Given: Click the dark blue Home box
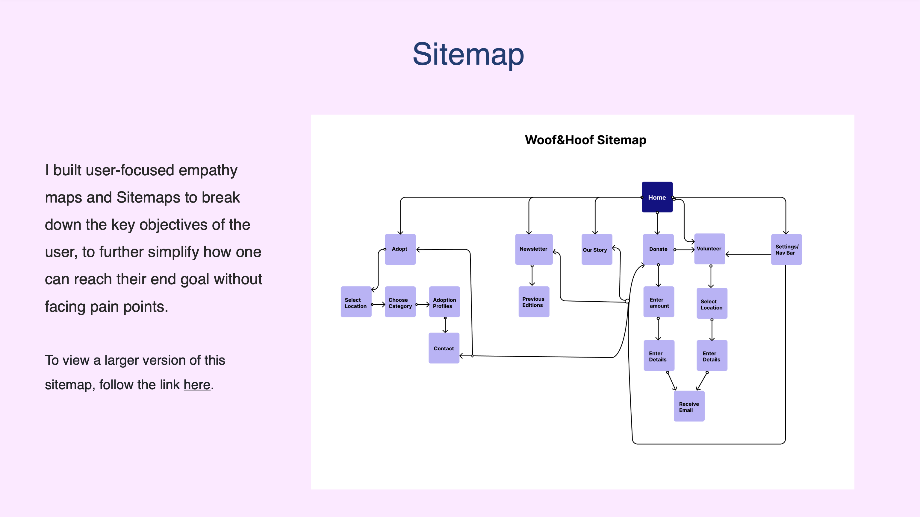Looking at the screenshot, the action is pyautogui.click(x=657, y=197).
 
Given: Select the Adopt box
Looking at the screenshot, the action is pyautogui.click(x=400, y=249).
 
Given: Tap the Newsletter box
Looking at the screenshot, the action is pyautogui.click(x=534, y=249).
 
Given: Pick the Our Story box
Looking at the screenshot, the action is pyautogui.click(x=597, y=249).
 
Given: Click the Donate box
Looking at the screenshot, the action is pyautogui.click(x=658, y=249).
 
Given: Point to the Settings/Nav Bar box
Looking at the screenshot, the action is pyautogui.click(x=786, y=249).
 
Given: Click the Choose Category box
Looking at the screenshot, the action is pyautogui.click(x=400, y=302).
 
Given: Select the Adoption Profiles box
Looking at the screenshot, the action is pyautogui.click(x=444, y=302).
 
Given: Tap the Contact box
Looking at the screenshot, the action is pyautogui.click(x=444, y=348).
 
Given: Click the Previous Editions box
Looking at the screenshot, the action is pyautogui.click(x=534, y=302).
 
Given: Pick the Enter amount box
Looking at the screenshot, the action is pyautogui.click(x=659, y=302).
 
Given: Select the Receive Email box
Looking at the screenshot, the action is pyautogui.click(x=689, y=406).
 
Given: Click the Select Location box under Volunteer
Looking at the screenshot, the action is pyautogui.click(x=712, y=303).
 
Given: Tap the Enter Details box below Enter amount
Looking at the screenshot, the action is pyautogui.click(x=659, y=355).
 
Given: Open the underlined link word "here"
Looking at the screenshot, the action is pyautogui.click(x=197, y=385).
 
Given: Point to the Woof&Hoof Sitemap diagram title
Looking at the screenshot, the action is pyautogui.click(x=585, y=139).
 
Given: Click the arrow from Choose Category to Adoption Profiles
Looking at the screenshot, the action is pyautogui.click(x=423, y=304).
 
